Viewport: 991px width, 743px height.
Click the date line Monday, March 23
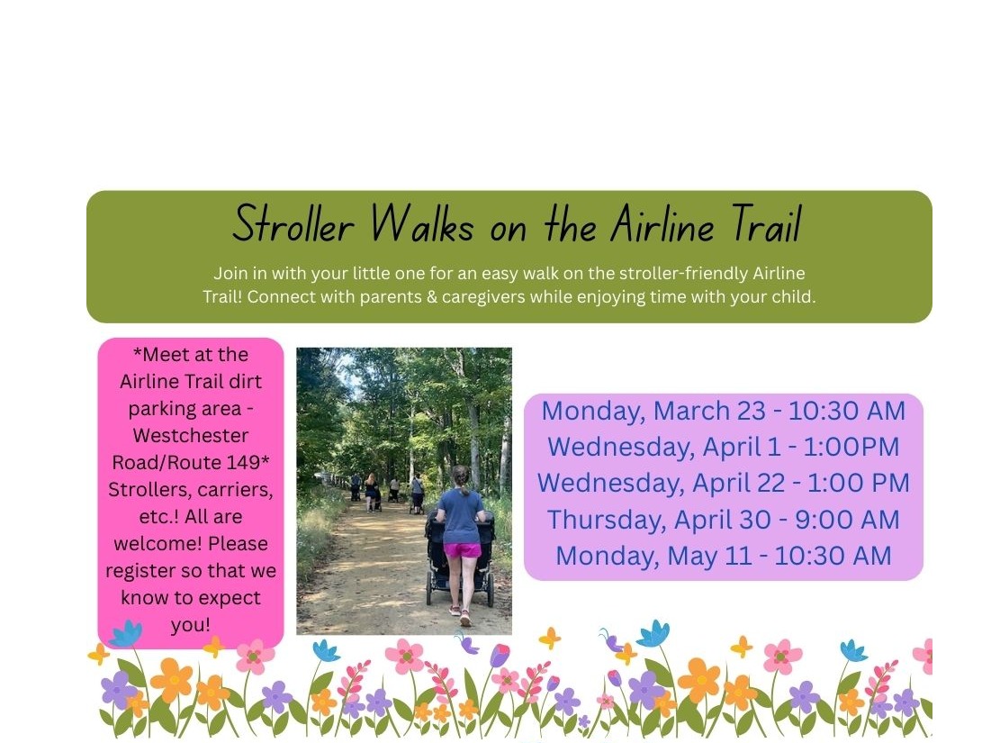click(723, 411)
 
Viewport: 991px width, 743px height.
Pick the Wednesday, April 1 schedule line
click(723, 447)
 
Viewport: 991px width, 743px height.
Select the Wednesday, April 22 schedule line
click(723, 483)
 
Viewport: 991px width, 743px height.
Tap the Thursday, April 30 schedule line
click(723, 520)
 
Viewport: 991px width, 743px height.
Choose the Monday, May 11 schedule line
click(723, 556)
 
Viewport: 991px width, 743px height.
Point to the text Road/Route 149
click(190, 463)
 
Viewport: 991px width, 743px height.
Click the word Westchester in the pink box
click(190, 436)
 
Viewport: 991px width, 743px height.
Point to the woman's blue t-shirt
click(461, 514)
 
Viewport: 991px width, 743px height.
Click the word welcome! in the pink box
click(154, 544)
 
